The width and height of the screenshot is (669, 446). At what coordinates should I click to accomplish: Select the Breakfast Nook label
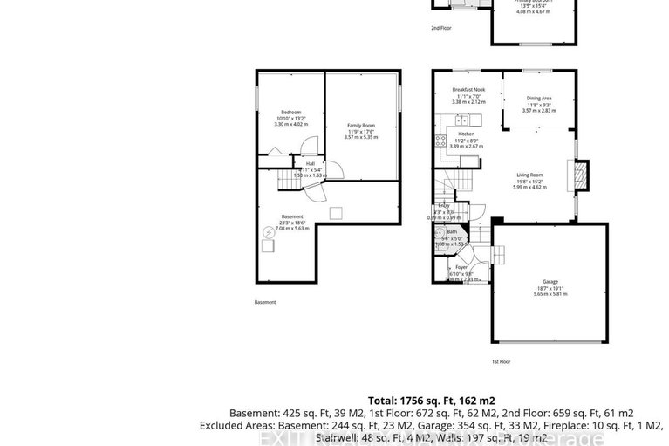(x=468, y=90)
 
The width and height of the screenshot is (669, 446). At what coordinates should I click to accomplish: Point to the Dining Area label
(x=538, y=99)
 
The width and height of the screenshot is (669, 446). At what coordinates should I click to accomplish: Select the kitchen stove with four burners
(x=440, y=138)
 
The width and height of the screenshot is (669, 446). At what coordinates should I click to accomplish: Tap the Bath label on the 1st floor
(x=452, y=231)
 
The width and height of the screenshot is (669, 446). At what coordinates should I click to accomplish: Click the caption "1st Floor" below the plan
(x=501, y=361)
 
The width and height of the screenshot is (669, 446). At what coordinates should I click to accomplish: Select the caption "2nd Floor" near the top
(x=440, y=28)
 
